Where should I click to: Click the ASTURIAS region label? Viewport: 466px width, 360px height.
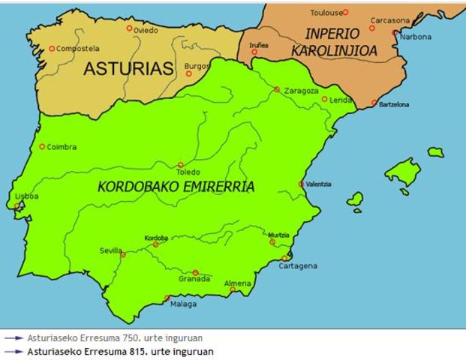pyautogui.click(x=128, y=69)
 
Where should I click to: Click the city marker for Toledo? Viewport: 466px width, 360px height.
pyautogui.click(x=180, y=164)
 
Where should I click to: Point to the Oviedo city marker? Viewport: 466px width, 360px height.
pyautogui.click(x=129, y=28)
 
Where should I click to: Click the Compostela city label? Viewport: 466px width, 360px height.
pyautogui.click(x=77, y=49)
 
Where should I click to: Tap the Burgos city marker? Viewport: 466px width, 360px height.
pyautogui.click(x=188, y=73)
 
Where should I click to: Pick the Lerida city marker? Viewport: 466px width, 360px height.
pyautogui.click(x=325, y=99)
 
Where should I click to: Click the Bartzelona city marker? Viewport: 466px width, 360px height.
pyautogui.click(x=374, y=103)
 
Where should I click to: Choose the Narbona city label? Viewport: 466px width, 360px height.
pyautogui.click(x=415, y=37)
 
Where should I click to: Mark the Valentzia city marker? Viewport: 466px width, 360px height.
pyautogui.click(x=301, y=184)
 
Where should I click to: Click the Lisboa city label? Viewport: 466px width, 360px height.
pyautogui.click(x=26, y=196)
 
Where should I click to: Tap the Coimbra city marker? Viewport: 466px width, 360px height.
pyautogui.click(x=42, y=146)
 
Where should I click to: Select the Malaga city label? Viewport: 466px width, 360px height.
pyautogui.click(x=183, y=304)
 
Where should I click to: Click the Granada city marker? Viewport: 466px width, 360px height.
pyautogui.click(x=195, y=273)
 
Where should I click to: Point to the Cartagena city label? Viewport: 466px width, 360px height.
pyautogui.click(x=298, y=265)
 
